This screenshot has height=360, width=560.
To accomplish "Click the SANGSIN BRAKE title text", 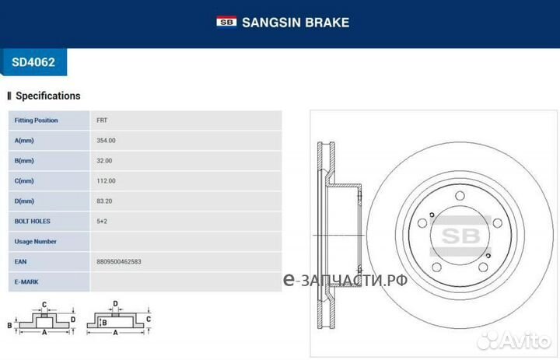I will (295, 23).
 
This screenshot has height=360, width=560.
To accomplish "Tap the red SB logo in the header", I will (226, 23).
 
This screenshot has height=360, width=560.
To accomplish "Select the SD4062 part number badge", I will (33, 61).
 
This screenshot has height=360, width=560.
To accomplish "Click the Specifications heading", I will (47, 96).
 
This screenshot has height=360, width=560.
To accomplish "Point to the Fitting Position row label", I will (36, 121).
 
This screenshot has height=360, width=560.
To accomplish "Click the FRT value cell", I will (102, 121).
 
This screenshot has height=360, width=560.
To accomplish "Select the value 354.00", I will (106, 141).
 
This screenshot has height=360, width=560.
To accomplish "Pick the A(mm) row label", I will (24, 141).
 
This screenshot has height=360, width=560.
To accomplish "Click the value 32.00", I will (104, 161).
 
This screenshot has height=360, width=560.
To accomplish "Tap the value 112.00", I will (106, 181).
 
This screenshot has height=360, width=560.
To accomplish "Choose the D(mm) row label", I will (24, 201).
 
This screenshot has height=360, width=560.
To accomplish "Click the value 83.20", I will (104, 201).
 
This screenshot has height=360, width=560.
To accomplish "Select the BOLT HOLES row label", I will (32, 222).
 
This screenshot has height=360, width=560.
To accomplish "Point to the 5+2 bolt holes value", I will (101, 222).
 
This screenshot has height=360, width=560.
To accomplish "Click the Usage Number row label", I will (35, 242).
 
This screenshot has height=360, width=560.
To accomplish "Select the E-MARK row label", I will (26, 282).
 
